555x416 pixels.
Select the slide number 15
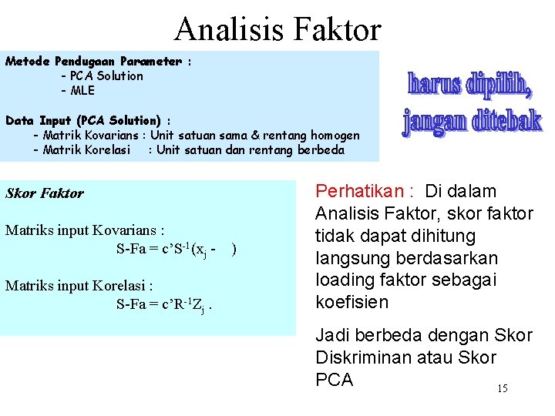pos(502,388)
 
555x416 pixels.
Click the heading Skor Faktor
pos(45,193)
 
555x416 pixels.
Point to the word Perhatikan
pos(359,191)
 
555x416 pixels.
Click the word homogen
pos(333,136)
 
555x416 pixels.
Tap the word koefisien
pos(353,303)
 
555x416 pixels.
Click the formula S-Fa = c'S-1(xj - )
pos(176,249)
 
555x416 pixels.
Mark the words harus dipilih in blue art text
pos(469,84)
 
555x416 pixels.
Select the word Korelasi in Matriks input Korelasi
pos(121,286)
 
